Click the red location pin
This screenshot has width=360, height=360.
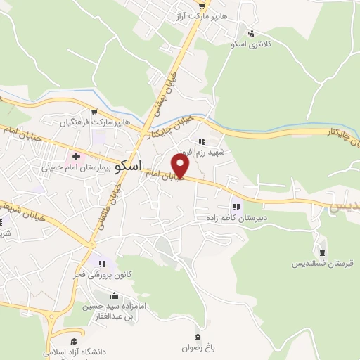tap(181, 167)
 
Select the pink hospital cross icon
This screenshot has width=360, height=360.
tap(76, 155)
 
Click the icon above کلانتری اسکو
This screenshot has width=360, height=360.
tap(252, 32)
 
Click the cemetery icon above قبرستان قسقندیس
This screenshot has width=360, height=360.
tap(322, 252)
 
